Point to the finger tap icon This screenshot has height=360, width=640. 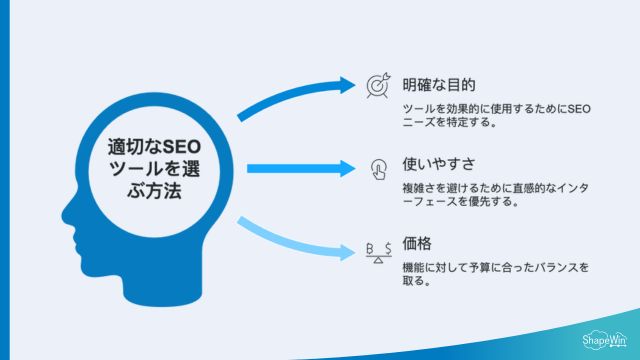[x=378, y=167]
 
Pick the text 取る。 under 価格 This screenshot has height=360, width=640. [x=417, y=282]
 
